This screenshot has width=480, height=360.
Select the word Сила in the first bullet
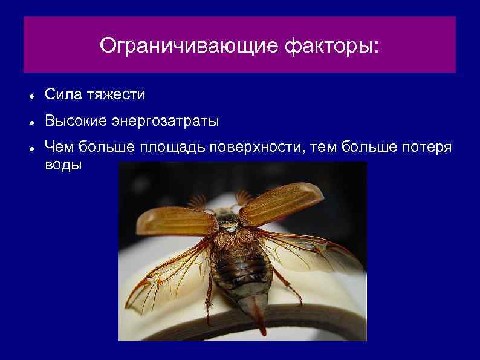[63, 94]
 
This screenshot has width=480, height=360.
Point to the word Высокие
[76, 122]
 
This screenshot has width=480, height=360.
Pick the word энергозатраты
[165, 122]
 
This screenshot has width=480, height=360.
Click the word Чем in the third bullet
[59, 149]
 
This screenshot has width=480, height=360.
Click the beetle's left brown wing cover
[175, 221]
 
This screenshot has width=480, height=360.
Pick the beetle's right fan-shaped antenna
[243, 196]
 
